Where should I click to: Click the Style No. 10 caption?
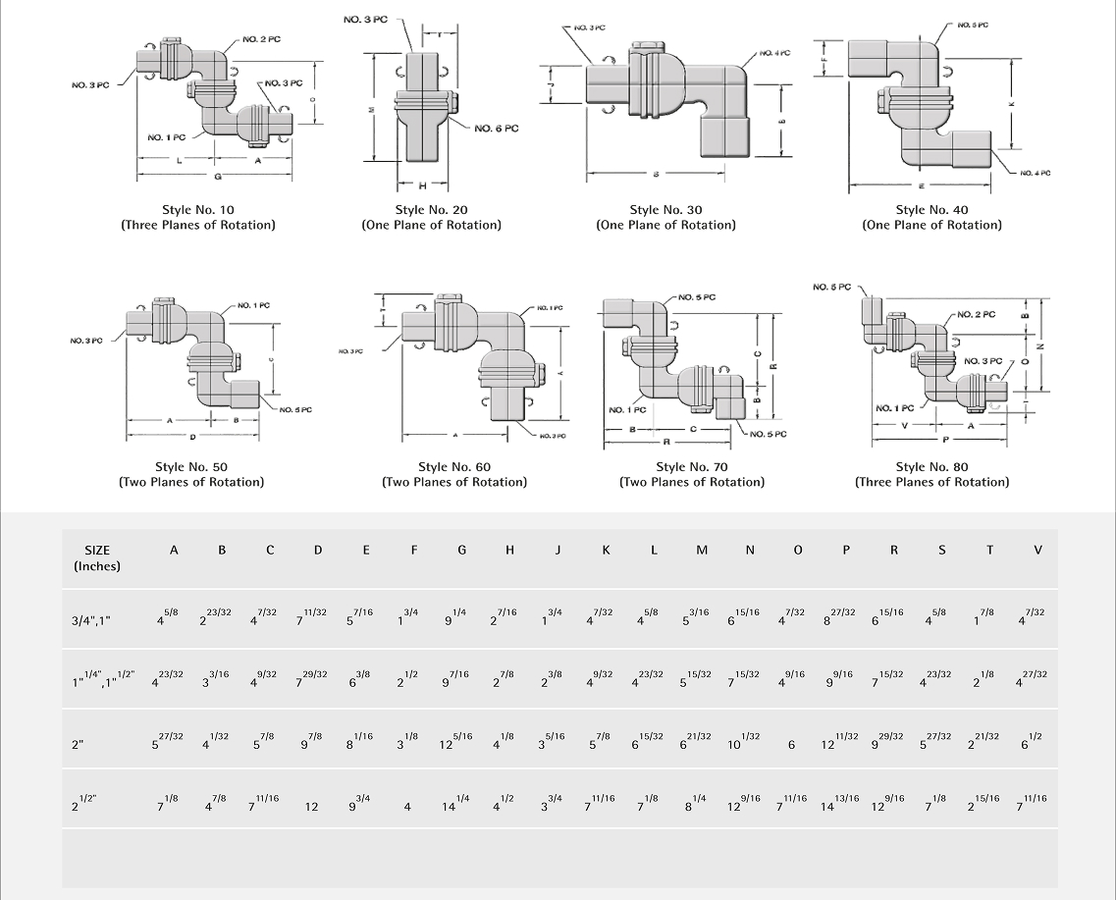pos(198,209)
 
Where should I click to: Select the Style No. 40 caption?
pos(931,209)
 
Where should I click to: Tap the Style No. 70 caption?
pos(692,466)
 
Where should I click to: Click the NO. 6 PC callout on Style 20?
pos(496,129)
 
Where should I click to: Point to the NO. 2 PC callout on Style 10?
pos(262,39)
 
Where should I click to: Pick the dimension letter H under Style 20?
pos(422,185)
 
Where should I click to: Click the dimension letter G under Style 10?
pos(217,177)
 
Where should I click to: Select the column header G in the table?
pos(461,551)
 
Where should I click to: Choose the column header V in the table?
pos(1037,551)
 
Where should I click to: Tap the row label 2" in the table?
pos(79,746)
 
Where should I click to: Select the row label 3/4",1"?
pos(92,621)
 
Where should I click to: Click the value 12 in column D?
pos(311,807)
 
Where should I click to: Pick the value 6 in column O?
pos(791,746)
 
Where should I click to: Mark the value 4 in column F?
pos(407,807)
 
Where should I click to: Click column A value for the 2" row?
pos(168,743)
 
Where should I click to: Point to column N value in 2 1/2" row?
pos(744,804)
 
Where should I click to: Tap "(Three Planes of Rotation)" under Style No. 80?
pos(931,482)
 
